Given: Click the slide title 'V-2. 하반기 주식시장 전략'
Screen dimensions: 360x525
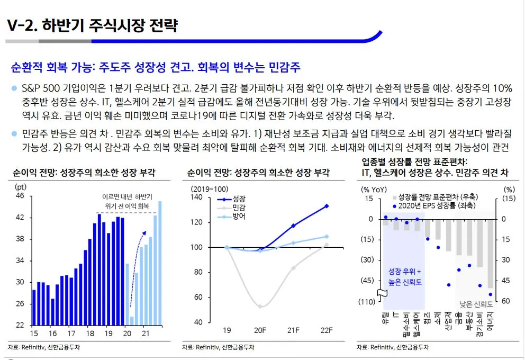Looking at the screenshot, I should click(93, 25).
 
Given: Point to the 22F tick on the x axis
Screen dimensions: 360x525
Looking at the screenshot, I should click(326, 330).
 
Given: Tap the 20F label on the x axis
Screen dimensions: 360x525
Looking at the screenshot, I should click(260, 330).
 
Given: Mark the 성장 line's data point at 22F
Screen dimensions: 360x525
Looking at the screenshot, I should click(327, 206).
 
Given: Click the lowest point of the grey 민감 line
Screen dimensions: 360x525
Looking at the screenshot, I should click(260, 307).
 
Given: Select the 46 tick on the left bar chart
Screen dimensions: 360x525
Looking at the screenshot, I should click(20, 196).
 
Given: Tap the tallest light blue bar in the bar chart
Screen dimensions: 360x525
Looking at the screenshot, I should click(160, 263).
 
